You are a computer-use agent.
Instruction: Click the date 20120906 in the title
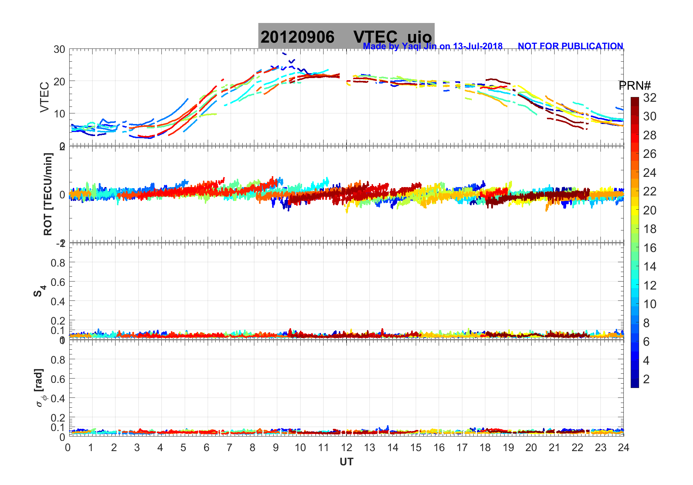pyautogui.click(x=297, y=37)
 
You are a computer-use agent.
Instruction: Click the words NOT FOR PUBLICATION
pyautogui.click(x=570, y=46)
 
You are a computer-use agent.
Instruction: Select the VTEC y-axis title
pyautogui.click(x=44, y=97)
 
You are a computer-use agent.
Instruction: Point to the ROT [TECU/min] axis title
pyautogui.click(x=48, y=194)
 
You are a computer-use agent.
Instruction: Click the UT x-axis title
pyautogui.click(x=346, y=462)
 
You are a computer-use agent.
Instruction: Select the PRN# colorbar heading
pyautogui.click(x=635, y=86)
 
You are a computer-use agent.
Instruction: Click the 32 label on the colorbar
pyautogui.click(x=650, y=98)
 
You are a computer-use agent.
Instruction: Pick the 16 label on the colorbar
pyautogui.click(x=650, y=248)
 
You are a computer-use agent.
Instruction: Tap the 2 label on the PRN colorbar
pyautogui.click(x=646, y=379)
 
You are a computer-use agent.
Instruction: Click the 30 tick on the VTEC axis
pyautogui.click(x=59, y=50)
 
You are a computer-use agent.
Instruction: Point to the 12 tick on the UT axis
pyautogui.click(x=346, y=448)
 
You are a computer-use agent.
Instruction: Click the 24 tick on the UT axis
pyautogui.click(x=623, y=448)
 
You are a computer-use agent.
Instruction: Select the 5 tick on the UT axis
pyautogui.click(x=183, y=448)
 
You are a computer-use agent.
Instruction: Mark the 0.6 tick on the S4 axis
pyautogui.click(x=58, y=282)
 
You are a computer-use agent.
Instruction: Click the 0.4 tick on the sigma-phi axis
pyautogui.click(x=58, y=398)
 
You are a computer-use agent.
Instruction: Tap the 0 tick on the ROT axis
pyautogui.click(x=62, y=194)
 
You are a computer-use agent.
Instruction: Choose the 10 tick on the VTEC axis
pyautogui.click(x=59, y=113)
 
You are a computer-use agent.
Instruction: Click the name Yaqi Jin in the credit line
pyautogui.click(x=415, y=46)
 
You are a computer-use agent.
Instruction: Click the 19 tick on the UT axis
pyautogui.click(x=508, y=448)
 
